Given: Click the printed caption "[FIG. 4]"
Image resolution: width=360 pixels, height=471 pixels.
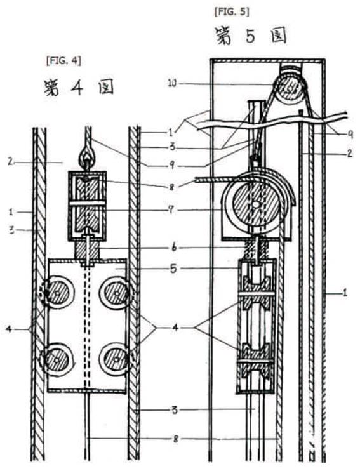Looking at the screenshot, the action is [63, 61].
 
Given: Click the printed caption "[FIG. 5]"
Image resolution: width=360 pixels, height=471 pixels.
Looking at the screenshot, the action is [232, 11].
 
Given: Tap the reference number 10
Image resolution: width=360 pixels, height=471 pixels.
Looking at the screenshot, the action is [172, 83].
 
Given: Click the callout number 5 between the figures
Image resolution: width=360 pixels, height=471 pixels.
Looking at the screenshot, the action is [173, 269].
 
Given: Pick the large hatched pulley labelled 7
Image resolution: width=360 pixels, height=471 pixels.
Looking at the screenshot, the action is [256, 205].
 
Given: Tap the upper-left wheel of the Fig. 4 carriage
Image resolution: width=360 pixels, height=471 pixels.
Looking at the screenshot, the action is [57, 293].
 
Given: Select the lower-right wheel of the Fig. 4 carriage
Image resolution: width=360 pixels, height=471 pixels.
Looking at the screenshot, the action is [116, 359].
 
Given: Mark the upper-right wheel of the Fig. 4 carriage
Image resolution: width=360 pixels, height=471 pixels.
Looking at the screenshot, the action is [116, 293].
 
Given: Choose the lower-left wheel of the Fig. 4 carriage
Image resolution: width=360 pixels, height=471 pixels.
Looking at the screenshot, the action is [57, 359].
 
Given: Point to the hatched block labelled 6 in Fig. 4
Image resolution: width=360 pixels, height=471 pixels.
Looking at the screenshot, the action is [87, 250].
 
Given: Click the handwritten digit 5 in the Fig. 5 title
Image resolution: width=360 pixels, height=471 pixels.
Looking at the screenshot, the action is [250, 36].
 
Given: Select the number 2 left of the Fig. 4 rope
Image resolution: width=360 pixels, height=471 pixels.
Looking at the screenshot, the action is [10, 163].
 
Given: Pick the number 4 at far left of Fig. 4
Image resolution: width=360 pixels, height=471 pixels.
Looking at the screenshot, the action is [9, 329].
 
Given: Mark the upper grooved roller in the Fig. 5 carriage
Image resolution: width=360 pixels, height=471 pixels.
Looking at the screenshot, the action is [256, 293].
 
